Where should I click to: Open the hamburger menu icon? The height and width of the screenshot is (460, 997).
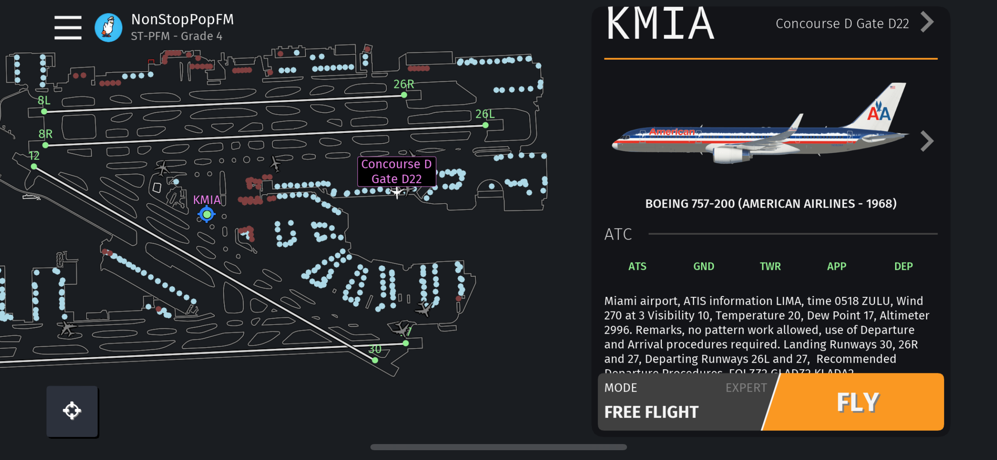pos(68,28)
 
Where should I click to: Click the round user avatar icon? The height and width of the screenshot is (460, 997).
pos(108,28)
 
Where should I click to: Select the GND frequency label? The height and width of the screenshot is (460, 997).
pos(704,267)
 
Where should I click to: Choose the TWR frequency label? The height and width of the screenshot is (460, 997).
pos(770,267)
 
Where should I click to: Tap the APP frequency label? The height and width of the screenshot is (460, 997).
pos(837,267)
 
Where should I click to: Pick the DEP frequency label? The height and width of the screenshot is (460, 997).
pos(903,267)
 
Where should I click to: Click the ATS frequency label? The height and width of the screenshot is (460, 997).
pos(637,267)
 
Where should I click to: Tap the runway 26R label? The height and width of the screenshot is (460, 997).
pos(404,84)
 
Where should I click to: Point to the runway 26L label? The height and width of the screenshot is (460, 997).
pos(485,114)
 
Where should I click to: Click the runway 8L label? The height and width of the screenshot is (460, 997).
pos(44,101)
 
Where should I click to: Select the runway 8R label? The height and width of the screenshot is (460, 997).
pos(45,134)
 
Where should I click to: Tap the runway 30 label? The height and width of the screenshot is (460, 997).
pos(375,349)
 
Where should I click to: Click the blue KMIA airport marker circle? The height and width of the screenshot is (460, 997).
pos(207,214)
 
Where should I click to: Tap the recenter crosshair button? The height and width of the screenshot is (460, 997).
pos(72,411)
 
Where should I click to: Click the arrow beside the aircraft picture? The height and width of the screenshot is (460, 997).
pos(927,141)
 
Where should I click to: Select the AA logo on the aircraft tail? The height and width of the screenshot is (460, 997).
pos(879,111)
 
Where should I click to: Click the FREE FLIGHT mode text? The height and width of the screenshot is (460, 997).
pos(651,412)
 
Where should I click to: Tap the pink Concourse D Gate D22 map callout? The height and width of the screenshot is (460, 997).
pos(396,172)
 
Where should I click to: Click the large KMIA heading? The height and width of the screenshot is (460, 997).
pos(660,25)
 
